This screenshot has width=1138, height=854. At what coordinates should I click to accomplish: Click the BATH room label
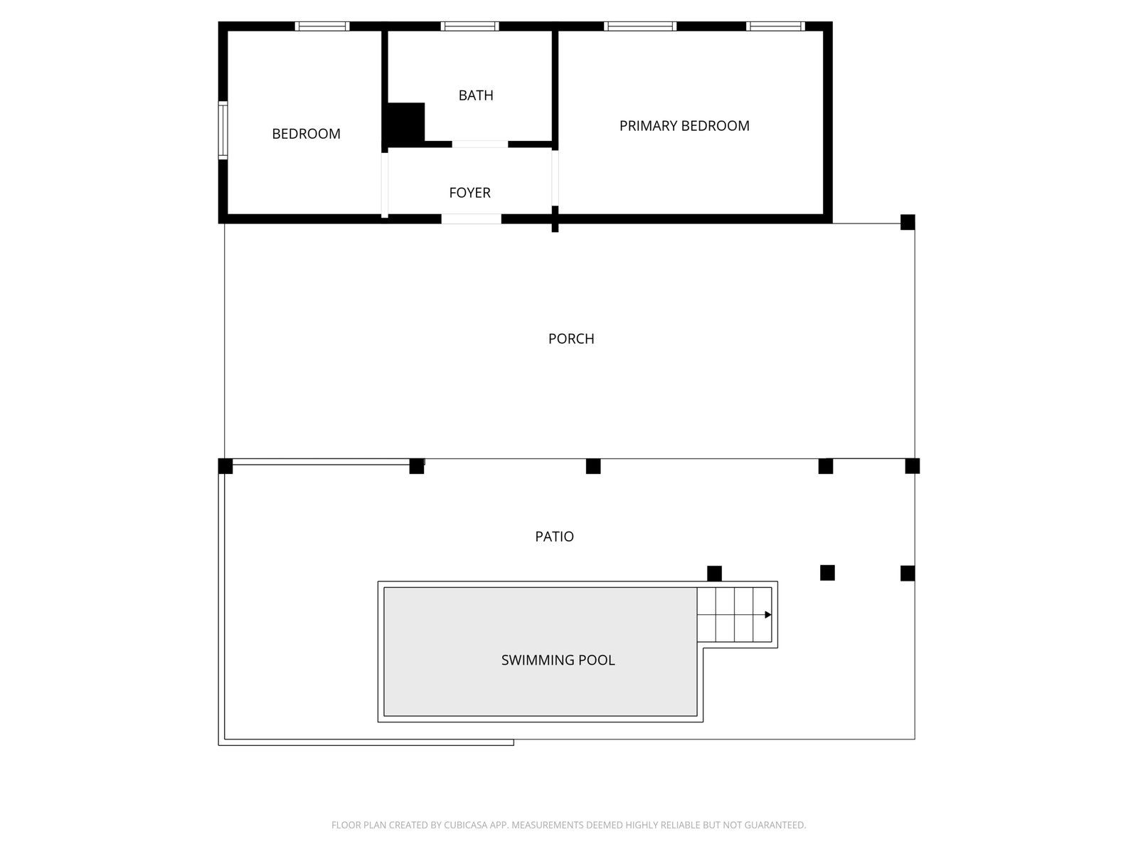pyautogui.click(x=475, y=95)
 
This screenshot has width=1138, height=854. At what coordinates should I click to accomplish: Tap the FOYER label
pyautogui.click(x=469, y=193)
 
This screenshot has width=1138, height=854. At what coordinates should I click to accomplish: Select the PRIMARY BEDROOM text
pyautogui.click(x=684, y=126)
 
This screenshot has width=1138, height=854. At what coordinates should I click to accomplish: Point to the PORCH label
pyautogui.click(x=571, y=339)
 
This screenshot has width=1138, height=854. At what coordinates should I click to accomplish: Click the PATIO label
pyautogui.click(x=554, y=537)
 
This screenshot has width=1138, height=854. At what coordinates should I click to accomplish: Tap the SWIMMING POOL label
pyautogui.click(x=558, y=660)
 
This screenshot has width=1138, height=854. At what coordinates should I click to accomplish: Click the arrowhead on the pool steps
pyautogui.click(x=768, y=615)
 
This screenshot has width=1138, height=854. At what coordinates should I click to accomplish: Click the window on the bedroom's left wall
pyautogui.click(x=223, y=130)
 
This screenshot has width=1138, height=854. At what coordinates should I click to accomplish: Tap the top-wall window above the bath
pyautogui.click(x=469, y=26)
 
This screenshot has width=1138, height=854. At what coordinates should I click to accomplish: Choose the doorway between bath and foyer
pyautogui.click(x=479, y=144)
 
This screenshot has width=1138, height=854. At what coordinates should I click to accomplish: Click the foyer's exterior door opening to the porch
pyautogui.click(x=471, y=218)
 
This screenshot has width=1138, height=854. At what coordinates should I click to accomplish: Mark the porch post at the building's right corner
pyautogui.click(x=908, y=222)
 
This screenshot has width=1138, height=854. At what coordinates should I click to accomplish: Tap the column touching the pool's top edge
pyautogui.click(x=714, y=574)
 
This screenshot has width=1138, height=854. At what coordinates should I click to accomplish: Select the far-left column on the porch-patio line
pyautogui.click(x=225, y=466)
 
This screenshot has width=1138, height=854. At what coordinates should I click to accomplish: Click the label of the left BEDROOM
pyautogui.click(x=306, y=134)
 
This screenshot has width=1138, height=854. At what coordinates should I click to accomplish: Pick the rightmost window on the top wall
pyautogui.click(x=775, y=26)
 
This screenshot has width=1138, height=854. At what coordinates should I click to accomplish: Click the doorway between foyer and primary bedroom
pyautogui.click(x=555, y=178)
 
